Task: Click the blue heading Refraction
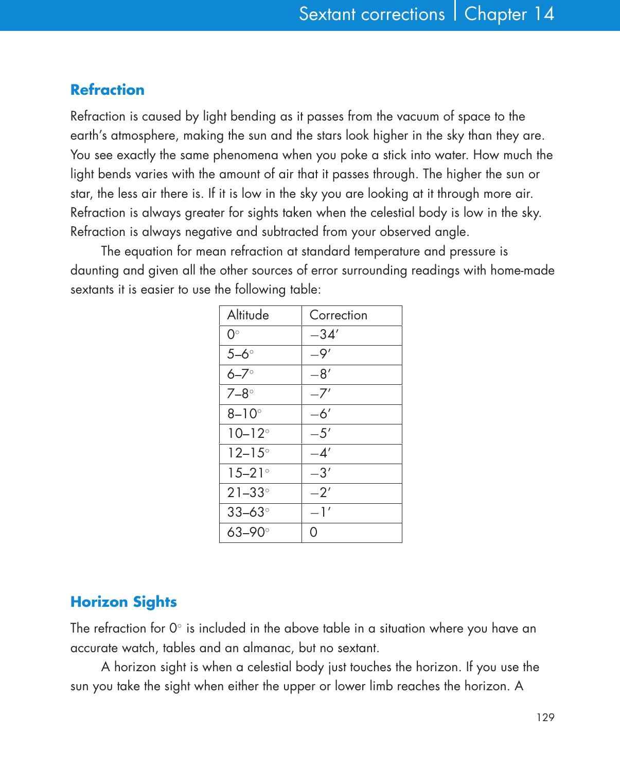tap(107, 90)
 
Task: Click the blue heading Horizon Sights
tap(123, 602)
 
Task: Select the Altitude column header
tap(248, 315)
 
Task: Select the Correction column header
tap(338, 315)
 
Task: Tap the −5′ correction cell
tap(320, 434)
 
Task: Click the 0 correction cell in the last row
tap(313, 533)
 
